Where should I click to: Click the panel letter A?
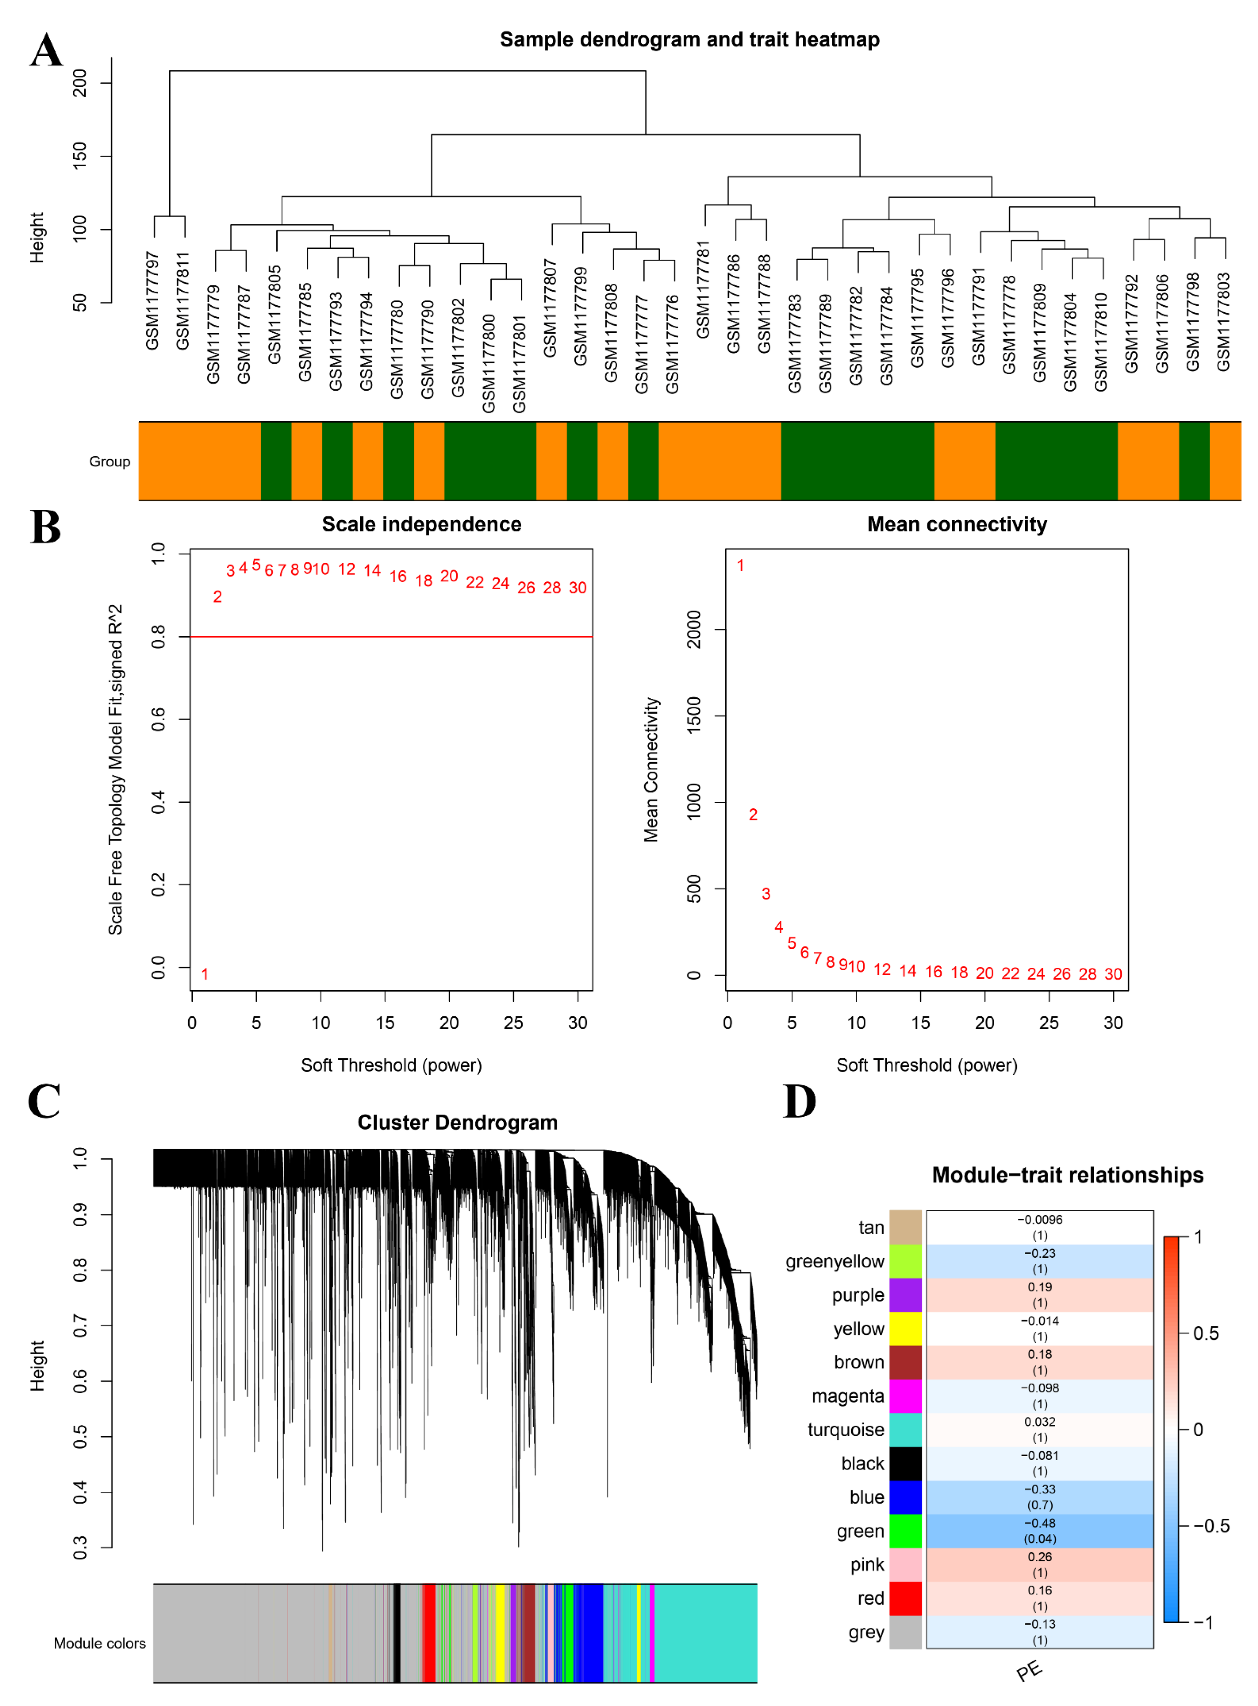46,51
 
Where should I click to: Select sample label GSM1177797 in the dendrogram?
152,301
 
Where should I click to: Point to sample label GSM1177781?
703,290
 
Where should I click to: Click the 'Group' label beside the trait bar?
110,462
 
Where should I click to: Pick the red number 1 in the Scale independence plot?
205,974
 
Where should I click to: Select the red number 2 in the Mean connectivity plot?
753,814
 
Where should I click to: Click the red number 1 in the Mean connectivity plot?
740,565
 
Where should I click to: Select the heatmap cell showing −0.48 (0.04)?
1040,1531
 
